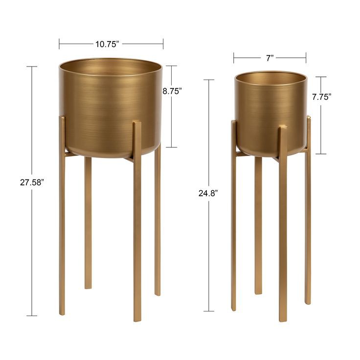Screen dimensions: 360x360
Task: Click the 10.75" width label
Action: [107, 44]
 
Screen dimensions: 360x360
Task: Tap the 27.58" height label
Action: [32, 182]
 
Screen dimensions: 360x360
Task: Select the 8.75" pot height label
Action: [172, 91]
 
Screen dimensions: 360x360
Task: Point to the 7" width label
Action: [270, 58]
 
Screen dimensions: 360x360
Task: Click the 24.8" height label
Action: [208, 193]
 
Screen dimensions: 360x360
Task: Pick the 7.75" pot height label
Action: [322, 97]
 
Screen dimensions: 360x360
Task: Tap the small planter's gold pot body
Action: [270, 119]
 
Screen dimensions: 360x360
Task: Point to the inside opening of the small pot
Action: [270, 78]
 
